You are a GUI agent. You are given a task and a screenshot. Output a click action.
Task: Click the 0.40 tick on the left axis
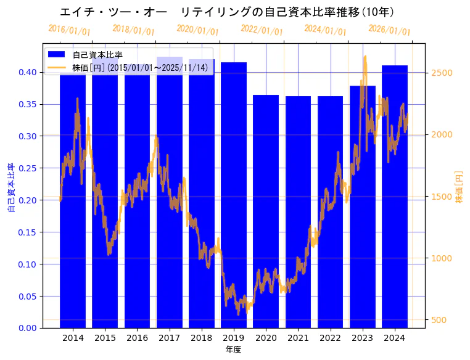coord(28,72)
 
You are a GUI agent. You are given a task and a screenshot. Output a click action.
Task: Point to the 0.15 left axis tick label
coord(28,232)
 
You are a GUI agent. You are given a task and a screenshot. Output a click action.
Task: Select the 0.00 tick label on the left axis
coord(28,328)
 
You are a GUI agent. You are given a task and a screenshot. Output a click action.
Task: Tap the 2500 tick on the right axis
coord(442,73)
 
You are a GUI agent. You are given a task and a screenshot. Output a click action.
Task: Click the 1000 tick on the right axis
coord(442,258)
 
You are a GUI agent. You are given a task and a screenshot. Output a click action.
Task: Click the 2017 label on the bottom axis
coord(169,338)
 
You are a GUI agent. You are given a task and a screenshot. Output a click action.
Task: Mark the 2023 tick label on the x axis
coord(362,338)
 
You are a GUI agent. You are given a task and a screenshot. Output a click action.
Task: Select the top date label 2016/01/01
coord(69,30)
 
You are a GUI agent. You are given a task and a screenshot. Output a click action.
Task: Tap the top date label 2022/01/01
coord(262,30)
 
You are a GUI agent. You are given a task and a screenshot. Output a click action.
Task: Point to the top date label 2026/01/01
coord(389,30)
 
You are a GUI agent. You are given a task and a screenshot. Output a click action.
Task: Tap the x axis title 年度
coord(233,350)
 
